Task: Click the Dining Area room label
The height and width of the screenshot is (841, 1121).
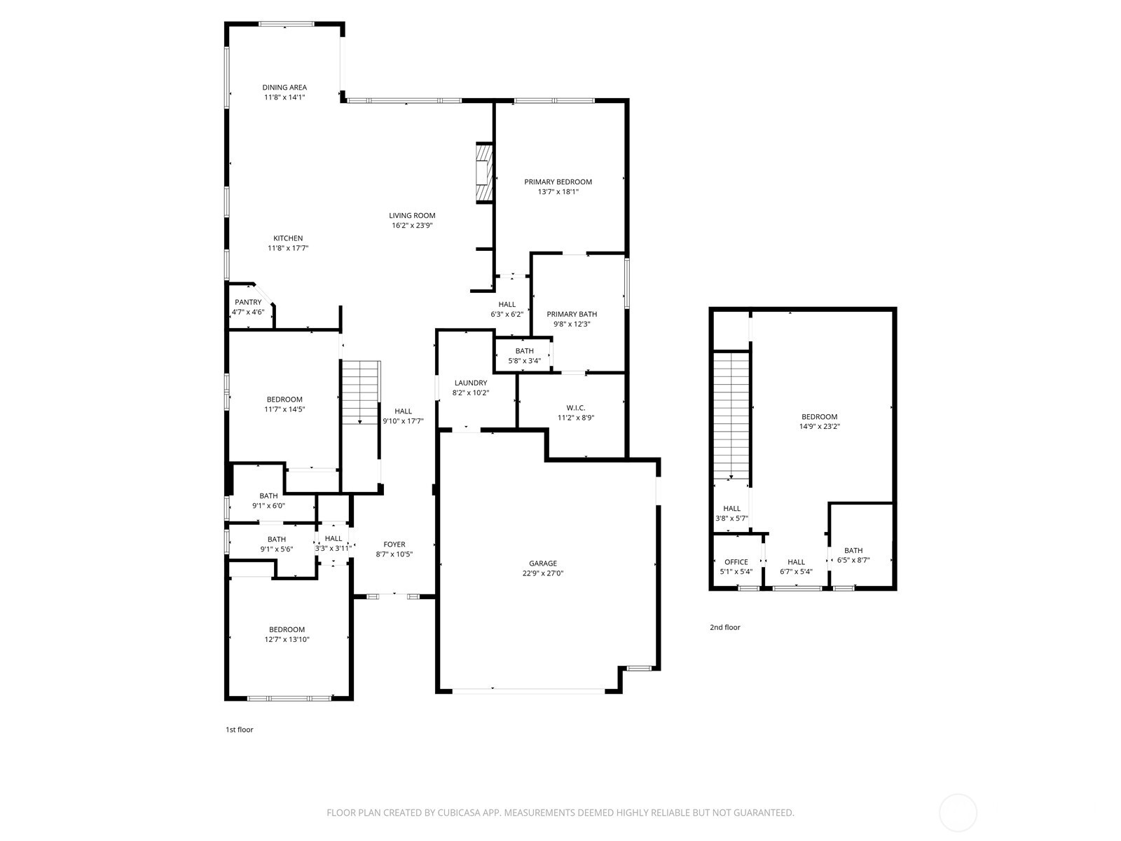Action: click(x=284, y=88)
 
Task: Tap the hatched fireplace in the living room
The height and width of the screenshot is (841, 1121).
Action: click(x=483, y=173)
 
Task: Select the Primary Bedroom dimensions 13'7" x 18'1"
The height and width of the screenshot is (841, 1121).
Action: click(x=558, y=191)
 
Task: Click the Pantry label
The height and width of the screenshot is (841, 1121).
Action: click(x=248, y=302)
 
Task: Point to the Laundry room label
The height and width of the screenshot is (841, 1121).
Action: click(x=470, y=383)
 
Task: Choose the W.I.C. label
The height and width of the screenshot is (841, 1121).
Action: click(x=576, y=408)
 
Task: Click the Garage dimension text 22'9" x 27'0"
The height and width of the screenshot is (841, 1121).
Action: click(x=542, y=573)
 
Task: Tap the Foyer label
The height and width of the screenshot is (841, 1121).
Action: click(x=394, y=545)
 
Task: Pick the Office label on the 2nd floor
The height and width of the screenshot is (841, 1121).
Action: click(x=736, y=562)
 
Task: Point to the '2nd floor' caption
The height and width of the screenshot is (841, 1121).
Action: click(x=724, y=627)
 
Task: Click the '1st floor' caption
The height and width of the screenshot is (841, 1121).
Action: click(x=239, y=730)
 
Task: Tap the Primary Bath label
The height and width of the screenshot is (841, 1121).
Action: click(x=572, y=314)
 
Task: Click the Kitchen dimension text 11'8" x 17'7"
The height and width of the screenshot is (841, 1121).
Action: click(x=288, y=248)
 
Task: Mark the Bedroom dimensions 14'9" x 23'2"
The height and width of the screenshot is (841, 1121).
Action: click(x=819, y=426)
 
